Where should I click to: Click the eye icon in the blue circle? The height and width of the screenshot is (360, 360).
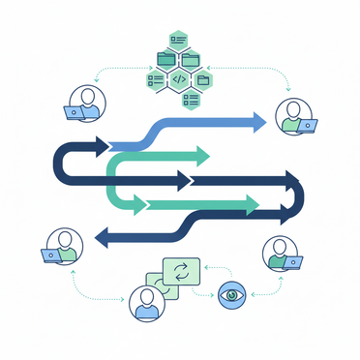pyautogui.click(x=231, y=293)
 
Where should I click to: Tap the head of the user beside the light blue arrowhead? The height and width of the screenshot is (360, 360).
pyautogui.click(x=288, y=108)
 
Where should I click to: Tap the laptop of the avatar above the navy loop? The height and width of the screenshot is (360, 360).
pyautogui.click(x=73, y=113)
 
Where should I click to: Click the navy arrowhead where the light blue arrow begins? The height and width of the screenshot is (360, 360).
pyautogui.click(x=102, y=146)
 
